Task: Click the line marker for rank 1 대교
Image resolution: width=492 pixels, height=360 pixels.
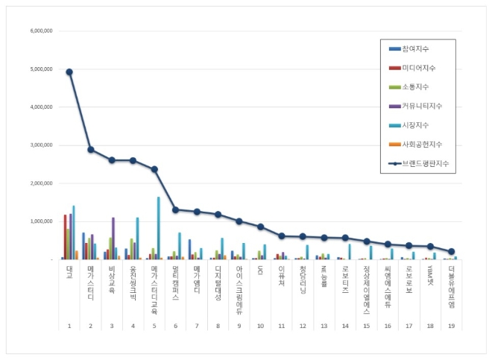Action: [69, 72]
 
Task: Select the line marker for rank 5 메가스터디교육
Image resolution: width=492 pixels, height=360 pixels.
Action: [154, 169]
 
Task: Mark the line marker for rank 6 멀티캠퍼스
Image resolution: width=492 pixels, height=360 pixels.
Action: [176, 209]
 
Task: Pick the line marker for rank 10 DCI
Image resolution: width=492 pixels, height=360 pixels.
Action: [261, 227]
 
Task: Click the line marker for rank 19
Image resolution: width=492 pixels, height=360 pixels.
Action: [452, 251]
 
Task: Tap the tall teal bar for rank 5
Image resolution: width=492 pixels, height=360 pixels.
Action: [158, 228]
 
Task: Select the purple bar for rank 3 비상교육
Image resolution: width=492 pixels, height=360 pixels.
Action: [113, 238]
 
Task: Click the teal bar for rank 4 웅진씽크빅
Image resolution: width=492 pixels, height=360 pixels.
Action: [137, 238]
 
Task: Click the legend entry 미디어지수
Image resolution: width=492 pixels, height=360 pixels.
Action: [421, 68]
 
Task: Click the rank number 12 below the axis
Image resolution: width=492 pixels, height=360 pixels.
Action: [303, 326]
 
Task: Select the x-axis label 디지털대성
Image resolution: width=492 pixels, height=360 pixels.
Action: [218, 282]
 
